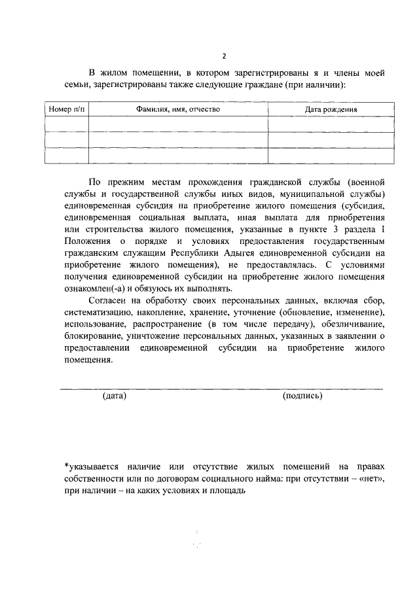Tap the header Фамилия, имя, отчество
coord(178,109)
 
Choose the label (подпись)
coord(302,396)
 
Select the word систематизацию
coord(98,312)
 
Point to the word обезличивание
coord(348,324)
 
